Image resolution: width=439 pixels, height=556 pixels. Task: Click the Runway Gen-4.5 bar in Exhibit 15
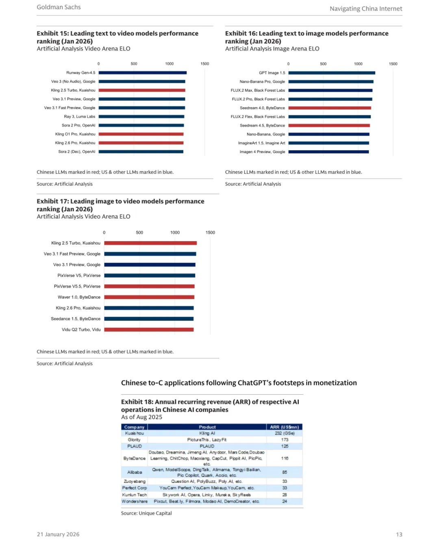142,73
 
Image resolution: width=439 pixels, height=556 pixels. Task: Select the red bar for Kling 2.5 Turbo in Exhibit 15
141,90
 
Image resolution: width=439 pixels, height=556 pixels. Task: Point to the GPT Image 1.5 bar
332,73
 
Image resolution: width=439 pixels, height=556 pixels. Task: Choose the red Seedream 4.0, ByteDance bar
330,108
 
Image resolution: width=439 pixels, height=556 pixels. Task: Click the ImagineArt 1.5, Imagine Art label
261,143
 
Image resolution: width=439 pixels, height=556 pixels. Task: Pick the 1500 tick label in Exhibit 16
393,64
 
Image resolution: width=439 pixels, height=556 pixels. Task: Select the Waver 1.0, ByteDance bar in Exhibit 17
149,297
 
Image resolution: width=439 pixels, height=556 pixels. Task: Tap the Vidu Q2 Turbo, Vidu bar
149,329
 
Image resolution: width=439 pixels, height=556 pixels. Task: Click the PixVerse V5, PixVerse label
79,275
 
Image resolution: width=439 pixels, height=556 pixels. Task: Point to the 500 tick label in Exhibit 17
139,233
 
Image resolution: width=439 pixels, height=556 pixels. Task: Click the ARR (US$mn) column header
285,427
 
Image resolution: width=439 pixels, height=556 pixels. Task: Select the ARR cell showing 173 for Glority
285,440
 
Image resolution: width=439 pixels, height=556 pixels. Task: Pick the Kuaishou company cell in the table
134,433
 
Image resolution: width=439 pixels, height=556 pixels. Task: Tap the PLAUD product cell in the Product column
207,446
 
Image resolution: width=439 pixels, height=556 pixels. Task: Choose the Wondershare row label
135,502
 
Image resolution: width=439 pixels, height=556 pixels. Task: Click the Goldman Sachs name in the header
59,7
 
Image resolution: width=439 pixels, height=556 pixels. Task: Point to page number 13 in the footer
399,534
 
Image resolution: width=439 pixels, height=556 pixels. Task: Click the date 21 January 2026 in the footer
58,534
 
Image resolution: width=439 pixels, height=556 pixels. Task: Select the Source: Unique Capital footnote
146,513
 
